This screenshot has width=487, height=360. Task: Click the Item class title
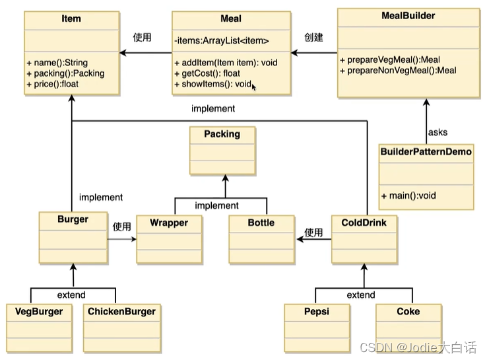[x=71, y=18]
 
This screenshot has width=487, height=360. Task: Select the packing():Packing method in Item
[x=65, y=73]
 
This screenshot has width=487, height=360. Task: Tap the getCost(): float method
[x=207, y=73]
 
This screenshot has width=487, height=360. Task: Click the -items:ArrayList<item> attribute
[x=222, y=41]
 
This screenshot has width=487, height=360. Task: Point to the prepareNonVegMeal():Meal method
[x=398, y=71]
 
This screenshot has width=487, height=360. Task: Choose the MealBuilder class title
[x=408, y=16]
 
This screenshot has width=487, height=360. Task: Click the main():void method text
[x=408, y=196]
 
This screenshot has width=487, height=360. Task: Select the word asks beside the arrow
[x=438, y=132]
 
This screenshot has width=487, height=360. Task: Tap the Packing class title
[x=222, y=134]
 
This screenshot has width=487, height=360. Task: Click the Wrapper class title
[x=169, y=223]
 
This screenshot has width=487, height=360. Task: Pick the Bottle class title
[x=261, y=223]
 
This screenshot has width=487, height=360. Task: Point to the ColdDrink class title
[x=364, y=223]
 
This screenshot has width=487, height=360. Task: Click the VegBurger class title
[x=39, y=312]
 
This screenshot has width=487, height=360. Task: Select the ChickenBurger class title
[x=121, y=312]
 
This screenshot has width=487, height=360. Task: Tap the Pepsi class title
[x=317, y=312]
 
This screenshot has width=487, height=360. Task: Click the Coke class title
[x=408, y=312]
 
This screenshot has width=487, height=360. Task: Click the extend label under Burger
[x=71, y=295]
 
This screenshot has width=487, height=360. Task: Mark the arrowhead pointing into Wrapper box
[x=134, y=239]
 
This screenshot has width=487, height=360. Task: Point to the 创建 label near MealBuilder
[x=313, y=37]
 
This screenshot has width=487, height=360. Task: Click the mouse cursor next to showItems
[x=254, y=87]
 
